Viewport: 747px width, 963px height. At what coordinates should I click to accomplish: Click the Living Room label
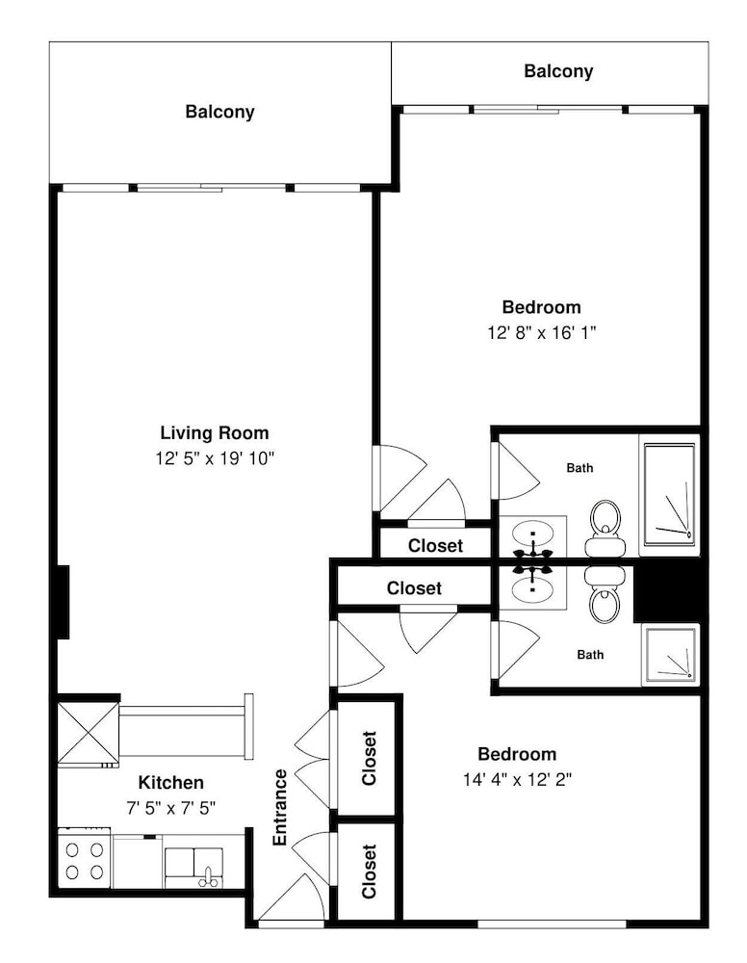[x=215, y=433]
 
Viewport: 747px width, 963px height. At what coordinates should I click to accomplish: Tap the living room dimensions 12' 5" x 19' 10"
[x=215, y=458]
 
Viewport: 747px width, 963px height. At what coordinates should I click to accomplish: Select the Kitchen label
[x=170, y=782]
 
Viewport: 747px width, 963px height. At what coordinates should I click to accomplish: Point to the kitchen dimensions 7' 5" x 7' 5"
[x=170, y=808]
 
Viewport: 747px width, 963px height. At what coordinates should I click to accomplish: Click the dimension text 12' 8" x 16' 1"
[x=542, y=332]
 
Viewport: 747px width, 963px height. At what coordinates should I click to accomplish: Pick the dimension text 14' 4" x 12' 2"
[x=518, y=779]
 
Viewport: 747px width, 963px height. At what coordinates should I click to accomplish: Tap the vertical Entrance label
[x=280, y=807]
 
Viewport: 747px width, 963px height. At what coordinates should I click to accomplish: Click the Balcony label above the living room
[x=219, y=112]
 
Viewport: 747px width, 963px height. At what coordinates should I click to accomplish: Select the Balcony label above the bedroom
[x=558, y=71]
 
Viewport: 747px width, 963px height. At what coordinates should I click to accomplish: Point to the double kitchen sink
[x=193, y=868]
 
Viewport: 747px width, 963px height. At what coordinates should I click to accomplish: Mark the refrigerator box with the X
[x=88, y=734]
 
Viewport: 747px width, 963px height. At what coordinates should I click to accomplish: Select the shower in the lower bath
[x=670, y=655]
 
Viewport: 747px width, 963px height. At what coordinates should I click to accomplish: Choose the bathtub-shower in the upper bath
[x=670, y=495]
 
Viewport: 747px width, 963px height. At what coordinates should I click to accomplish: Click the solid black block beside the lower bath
[x=667, y=590]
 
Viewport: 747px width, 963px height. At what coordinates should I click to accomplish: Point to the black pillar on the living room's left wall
[x=64, y=602]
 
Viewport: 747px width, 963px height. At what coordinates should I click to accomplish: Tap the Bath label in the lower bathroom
[x=590, y=655]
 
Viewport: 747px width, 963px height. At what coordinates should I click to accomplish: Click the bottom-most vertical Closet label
[x=369, y=872]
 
